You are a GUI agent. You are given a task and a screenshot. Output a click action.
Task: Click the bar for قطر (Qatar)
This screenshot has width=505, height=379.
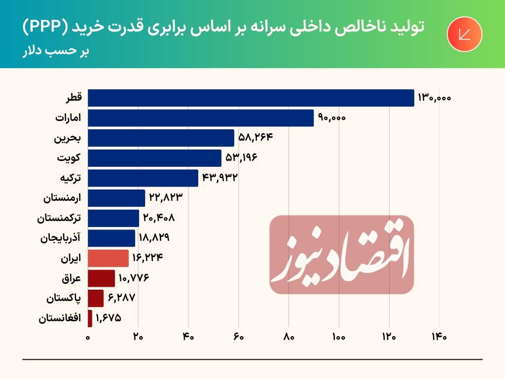click(x=251, y=98)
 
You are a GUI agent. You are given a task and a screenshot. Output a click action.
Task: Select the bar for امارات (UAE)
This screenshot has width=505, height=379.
click(x=200, y=118)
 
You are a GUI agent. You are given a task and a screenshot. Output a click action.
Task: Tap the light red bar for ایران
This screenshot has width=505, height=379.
click(x=108, y=258)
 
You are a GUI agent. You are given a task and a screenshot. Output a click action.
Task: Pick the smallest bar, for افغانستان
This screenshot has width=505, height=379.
click(x=90, y=318)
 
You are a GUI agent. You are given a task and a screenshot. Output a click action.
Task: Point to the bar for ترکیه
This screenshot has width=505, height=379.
click(x=143, y=178)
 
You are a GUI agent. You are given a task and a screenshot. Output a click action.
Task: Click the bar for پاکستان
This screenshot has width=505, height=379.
click(x=96, y=298)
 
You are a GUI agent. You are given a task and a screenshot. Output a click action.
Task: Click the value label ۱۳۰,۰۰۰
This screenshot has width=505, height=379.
click(x=434, y=98)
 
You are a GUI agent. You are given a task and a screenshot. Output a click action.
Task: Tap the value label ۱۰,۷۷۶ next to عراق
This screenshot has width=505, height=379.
click(x=134, y=278)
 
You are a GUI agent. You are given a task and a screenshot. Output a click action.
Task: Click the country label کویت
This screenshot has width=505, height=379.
click(x=70, y=158)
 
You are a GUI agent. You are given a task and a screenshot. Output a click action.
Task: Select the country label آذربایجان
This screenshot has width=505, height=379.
click(x=61, y=238)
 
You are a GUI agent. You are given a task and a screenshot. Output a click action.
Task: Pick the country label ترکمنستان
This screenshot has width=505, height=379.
click(x=60, y=218)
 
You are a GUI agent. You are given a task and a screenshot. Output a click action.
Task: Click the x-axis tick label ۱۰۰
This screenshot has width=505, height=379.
click(x=339, y=338)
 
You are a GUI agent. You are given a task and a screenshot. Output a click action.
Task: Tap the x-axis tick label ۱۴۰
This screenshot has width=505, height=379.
click(x=439, y=338)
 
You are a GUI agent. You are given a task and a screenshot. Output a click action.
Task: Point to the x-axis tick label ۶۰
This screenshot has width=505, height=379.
click(x=239, y=338)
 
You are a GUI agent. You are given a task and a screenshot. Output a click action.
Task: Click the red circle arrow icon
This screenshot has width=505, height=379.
click(x=464, y=35)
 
